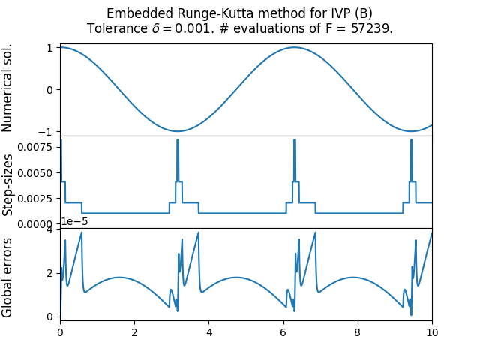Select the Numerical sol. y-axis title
point(8,88)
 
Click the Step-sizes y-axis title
point(8,182)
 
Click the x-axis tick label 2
point(134,331)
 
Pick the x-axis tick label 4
point(208,331)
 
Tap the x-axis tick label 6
point(283,331)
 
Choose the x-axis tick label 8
point(358,331)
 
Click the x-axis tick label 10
point(432,331)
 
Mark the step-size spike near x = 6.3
point(294,141)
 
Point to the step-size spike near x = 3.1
point(178,141)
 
